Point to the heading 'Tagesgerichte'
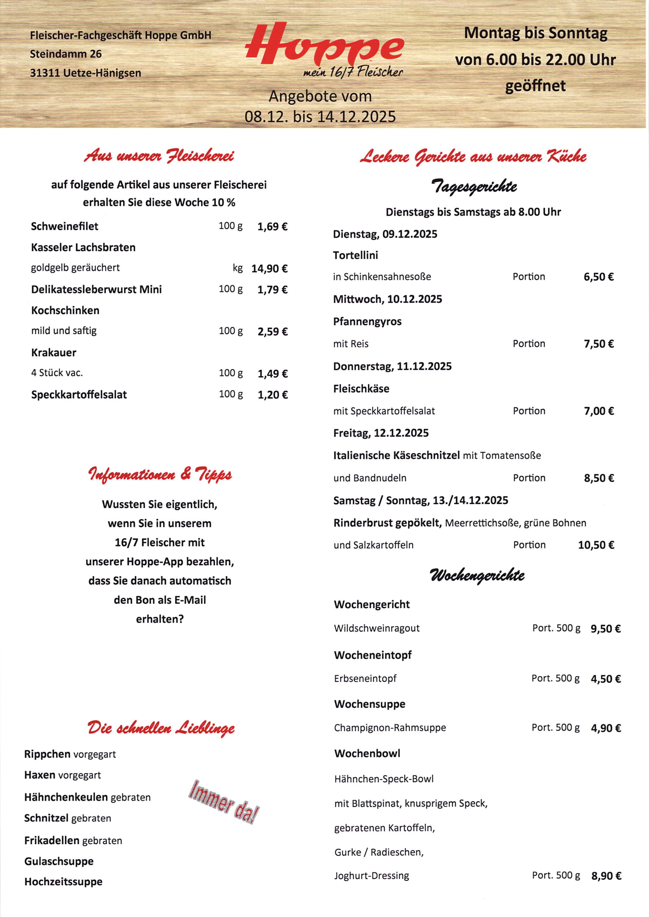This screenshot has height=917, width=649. pos(473,187)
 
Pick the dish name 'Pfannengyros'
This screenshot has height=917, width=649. pos(367,322)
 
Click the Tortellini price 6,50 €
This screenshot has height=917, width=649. pos(598,277)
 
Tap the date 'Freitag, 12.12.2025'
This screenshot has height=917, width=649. pos(381,433)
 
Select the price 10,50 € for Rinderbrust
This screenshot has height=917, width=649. pos(596,546)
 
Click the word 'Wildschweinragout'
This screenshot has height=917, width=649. pos(377,629)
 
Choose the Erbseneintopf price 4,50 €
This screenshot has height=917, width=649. pos(605,679)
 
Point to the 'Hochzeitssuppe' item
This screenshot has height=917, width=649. pos(63,882)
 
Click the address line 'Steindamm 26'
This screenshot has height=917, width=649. pos(66,54)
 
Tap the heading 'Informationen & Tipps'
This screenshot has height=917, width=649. pos(160,475)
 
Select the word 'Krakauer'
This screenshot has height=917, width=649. pos(54,353)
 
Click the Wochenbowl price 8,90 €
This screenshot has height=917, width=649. pos(606,876)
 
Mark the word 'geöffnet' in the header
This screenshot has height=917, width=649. pos(535,86)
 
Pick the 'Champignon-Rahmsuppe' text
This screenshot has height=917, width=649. pos(390,728)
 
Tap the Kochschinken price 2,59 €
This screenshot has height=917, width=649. pos(272,332)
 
